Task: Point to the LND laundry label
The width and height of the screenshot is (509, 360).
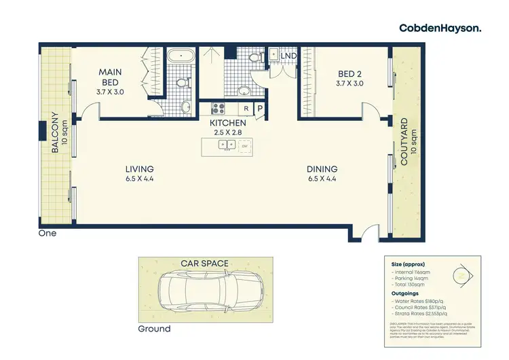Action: (x=288, y=55)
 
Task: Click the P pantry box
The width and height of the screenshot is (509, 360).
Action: (x=259, y=109)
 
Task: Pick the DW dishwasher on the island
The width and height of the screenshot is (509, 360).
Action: (x=244, y=145)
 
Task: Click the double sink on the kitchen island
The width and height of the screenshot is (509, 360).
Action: (x=226, y=145)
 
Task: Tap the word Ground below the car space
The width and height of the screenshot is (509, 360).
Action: (x=154, y=329)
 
